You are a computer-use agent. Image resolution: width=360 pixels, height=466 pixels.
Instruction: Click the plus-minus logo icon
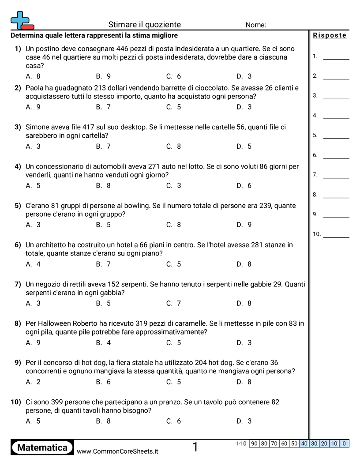pos(22,20)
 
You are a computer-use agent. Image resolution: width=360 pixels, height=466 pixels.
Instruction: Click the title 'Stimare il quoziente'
pos(144,25)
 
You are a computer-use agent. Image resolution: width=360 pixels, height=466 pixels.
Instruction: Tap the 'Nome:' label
pos(256,25)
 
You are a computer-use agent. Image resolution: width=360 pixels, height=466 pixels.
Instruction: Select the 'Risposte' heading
pos(330,35)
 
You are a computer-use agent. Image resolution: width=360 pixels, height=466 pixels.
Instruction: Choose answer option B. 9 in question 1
pos(103,76)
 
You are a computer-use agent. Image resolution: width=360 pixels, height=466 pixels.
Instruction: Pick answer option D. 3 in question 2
pos(244,107)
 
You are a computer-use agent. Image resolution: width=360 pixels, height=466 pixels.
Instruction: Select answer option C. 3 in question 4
pos(173,186)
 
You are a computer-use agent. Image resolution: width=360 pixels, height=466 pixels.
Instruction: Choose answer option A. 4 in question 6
pos(33,264)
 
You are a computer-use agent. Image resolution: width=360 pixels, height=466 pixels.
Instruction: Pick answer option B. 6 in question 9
pos(103,382)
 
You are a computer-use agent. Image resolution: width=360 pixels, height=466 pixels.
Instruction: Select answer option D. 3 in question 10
pos(244,421)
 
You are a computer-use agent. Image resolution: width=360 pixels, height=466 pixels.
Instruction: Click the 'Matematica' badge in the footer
pos(42,447)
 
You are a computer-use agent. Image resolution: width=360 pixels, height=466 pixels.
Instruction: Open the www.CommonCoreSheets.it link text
pos(117,451)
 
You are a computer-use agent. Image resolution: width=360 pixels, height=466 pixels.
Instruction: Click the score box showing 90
pos(254,443)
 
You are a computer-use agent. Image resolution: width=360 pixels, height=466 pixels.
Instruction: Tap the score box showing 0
pos(344,443)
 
